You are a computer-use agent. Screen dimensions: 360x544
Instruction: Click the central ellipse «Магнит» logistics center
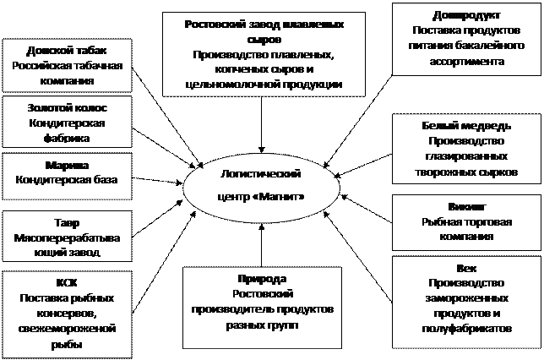pos(259,185)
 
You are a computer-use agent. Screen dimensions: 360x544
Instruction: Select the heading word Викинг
pos(466,206)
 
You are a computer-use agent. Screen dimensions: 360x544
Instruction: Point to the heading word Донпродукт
pos(465,15)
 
